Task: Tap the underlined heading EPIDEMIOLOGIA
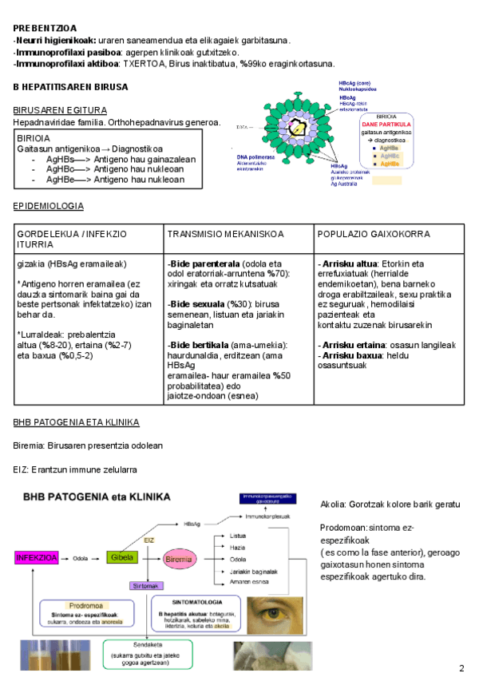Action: point(49,205)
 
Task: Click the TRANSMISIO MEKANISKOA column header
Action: point(225,234)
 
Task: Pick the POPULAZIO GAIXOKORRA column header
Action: point(374,234)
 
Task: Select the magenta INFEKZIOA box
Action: point(36,558)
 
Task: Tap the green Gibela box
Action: point(121,556)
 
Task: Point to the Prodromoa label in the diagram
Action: point(85,604)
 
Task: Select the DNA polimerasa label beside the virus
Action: point(255,157)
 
